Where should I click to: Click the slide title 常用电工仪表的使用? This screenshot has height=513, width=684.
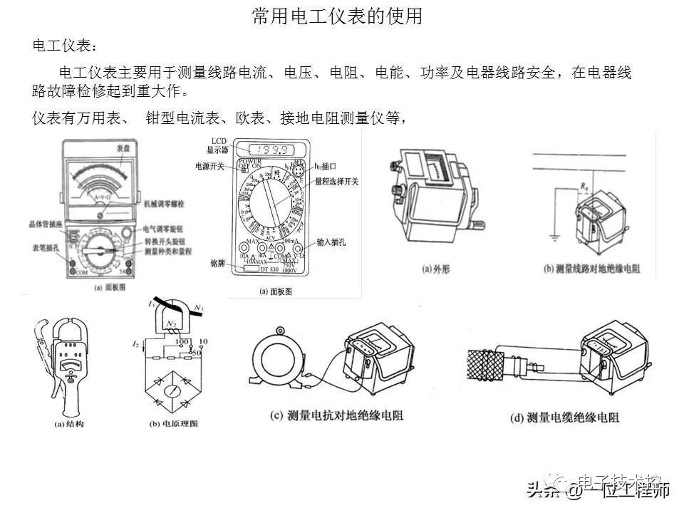[x=338, y=16]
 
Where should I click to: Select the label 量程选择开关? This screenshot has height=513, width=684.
[x=338, y=181]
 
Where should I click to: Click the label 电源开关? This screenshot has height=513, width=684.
[x=210, y=166]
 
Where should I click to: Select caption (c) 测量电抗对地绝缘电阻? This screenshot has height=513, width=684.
[x=336, y=415]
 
